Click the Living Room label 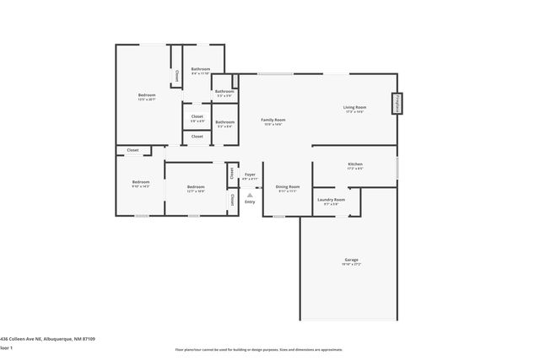[x=354, y=108]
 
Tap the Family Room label [x=273, y=121]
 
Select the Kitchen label [x=355, y=164]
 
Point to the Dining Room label [x=289, y=186]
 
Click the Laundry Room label [x=327, y=200]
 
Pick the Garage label [x=351, y=260]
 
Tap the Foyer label [x=250, y=175]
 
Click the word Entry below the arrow [x=250, y=201]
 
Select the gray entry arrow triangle [x=250, y=195]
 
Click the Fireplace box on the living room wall [x=396, y=104]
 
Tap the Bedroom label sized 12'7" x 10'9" [x=196, y=186]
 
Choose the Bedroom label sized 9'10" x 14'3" [x=140, y=182]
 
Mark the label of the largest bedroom [x=147, y=95]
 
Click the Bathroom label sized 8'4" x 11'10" [x=201, y=69]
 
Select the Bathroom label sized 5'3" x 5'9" [x=224, y=91]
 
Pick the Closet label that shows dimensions [x=197, y=116]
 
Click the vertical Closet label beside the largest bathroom [x=176, y=76]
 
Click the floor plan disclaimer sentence [x=270, y=349]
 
